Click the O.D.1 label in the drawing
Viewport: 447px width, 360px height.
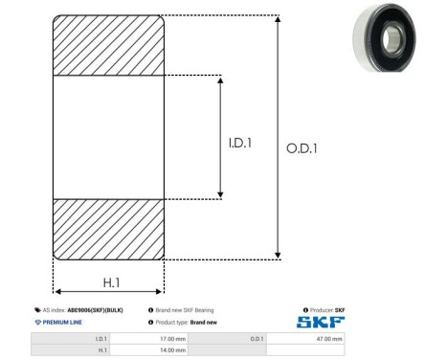(x=302, y=148)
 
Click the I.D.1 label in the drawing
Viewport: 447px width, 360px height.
(x=240, y=143)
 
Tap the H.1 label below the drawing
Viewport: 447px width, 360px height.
(x=111, y=282)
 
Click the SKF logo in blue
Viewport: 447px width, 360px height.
(x=321, y=322)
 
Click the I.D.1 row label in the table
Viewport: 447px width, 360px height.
(x=101, y=339)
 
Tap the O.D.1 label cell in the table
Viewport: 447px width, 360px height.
(x=257, y=339)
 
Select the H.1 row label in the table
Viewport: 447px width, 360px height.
(x=102, y=350)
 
